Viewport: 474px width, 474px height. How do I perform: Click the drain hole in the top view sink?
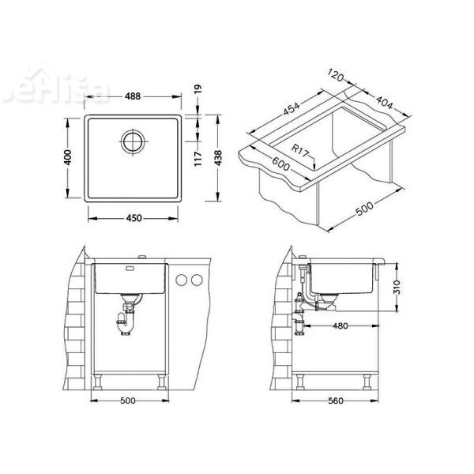pyautogui.click(x=131, y=144)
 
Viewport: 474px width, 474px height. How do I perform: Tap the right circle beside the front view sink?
pyautogui.click(x=194, y=280)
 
